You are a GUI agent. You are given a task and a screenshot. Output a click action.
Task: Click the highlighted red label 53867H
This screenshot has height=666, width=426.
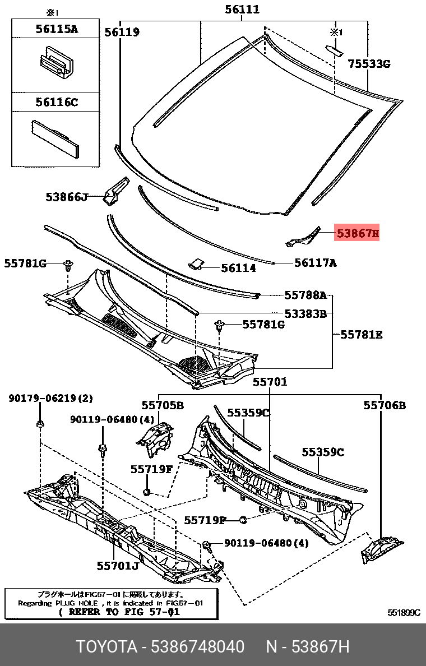click(x=357, y=232)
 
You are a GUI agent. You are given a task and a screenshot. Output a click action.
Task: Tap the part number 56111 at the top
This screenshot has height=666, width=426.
click(x=242, y=10)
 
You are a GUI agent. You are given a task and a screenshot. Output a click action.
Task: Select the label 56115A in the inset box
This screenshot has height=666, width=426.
click(x=57, y=29)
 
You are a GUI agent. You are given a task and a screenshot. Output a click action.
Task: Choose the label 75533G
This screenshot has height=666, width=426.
click(x=368, y=64)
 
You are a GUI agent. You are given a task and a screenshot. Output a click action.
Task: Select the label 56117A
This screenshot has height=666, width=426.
click(x=315, y=262)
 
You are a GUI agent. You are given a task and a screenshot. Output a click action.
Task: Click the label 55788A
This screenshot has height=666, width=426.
click(x=305, y=295)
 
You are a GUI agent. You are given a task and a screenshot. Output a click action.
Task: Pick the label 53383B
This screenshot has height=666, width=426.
click(x=305, y=314)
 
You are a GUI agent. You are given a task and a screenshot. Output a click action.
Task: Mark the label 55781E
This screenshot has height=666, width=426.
click(x=362, y=335)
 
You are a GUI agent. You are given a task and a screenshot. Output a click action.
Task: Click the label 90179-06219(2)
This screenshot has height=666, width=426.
click(x=50, y=399)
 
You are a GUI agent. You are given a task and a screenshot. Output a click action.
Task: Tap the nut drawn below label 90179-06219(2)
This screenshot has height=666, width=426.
click(x=40, y=424)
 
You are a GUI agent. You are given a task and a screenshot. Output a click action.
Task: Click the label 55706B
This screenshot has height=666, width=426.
click(x=384, y=405)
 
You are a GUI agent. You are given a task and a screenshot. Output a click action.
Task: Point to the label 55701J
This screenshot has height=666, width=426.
click(x=117, y=566)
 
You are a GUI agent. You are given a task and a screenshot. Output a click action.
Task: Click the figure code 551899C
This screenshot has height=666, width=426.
click(x=404, y=613)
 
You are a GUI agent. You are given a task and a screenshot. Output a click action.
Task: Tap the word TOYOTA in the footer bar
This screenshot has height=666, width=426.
click(x=106, y=647)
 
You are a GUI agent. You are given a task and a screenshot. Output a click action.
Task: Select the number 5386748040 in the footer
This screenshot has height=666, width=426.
click(x=197, y=647)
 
